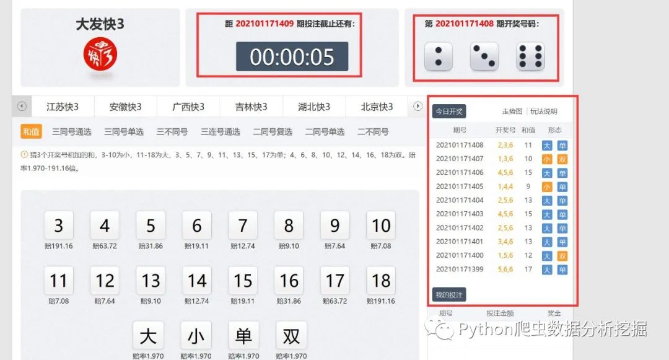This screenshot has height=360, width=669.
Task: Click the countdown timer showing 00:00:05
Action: (x=292, y=57)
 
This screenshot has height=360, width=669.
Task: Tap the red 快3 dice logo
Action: (x=100, y=54)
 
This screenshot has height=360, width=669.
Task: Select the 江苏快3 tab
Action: (x=63, y=107)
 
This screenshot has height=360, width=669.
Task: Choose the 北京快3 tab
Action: (x=377, y=107)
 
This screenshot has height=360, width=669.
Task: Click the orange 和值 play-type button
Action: (x=31, y=132)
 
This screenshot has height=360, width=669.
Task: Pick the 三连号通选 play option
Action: (x=220, y=132)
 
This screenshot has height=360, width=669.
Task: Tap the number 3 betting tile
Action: (x=59, y=225)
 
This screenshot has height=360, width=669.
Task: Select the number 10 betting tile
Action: (x=381, y=225)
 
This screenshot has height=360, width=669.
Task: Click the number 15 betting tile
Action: (x=243, y=280)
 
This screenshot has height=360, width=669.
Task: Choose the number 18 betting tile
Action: (x=381, y=280)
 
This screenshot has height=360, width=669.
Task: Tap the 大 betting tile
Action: (x=148, y=336)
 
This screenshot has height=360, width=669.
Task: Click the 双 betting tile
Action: (x=291, y=336)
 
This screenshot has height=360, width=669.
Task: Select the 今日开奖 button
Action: (x=449, y=112)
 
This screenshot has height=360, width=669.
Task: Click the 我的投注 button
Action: (x=449, y=295)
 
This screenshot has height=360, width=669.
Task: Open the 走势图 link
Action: (x=512, y=112)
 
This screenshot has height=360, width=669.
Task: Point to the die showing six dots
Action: (x=530, y=56)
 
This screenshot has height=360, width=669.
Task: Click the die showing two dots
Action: (x=438, y=56)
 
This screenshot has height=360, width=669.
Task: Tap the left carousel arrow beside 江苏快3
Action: (x=22, y=106)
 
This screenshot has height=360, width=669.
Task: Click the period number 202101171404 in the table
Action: (x=460, y=200)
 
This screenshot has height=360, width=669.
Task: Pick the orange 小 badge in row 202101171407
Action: (x=546, y=159)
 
